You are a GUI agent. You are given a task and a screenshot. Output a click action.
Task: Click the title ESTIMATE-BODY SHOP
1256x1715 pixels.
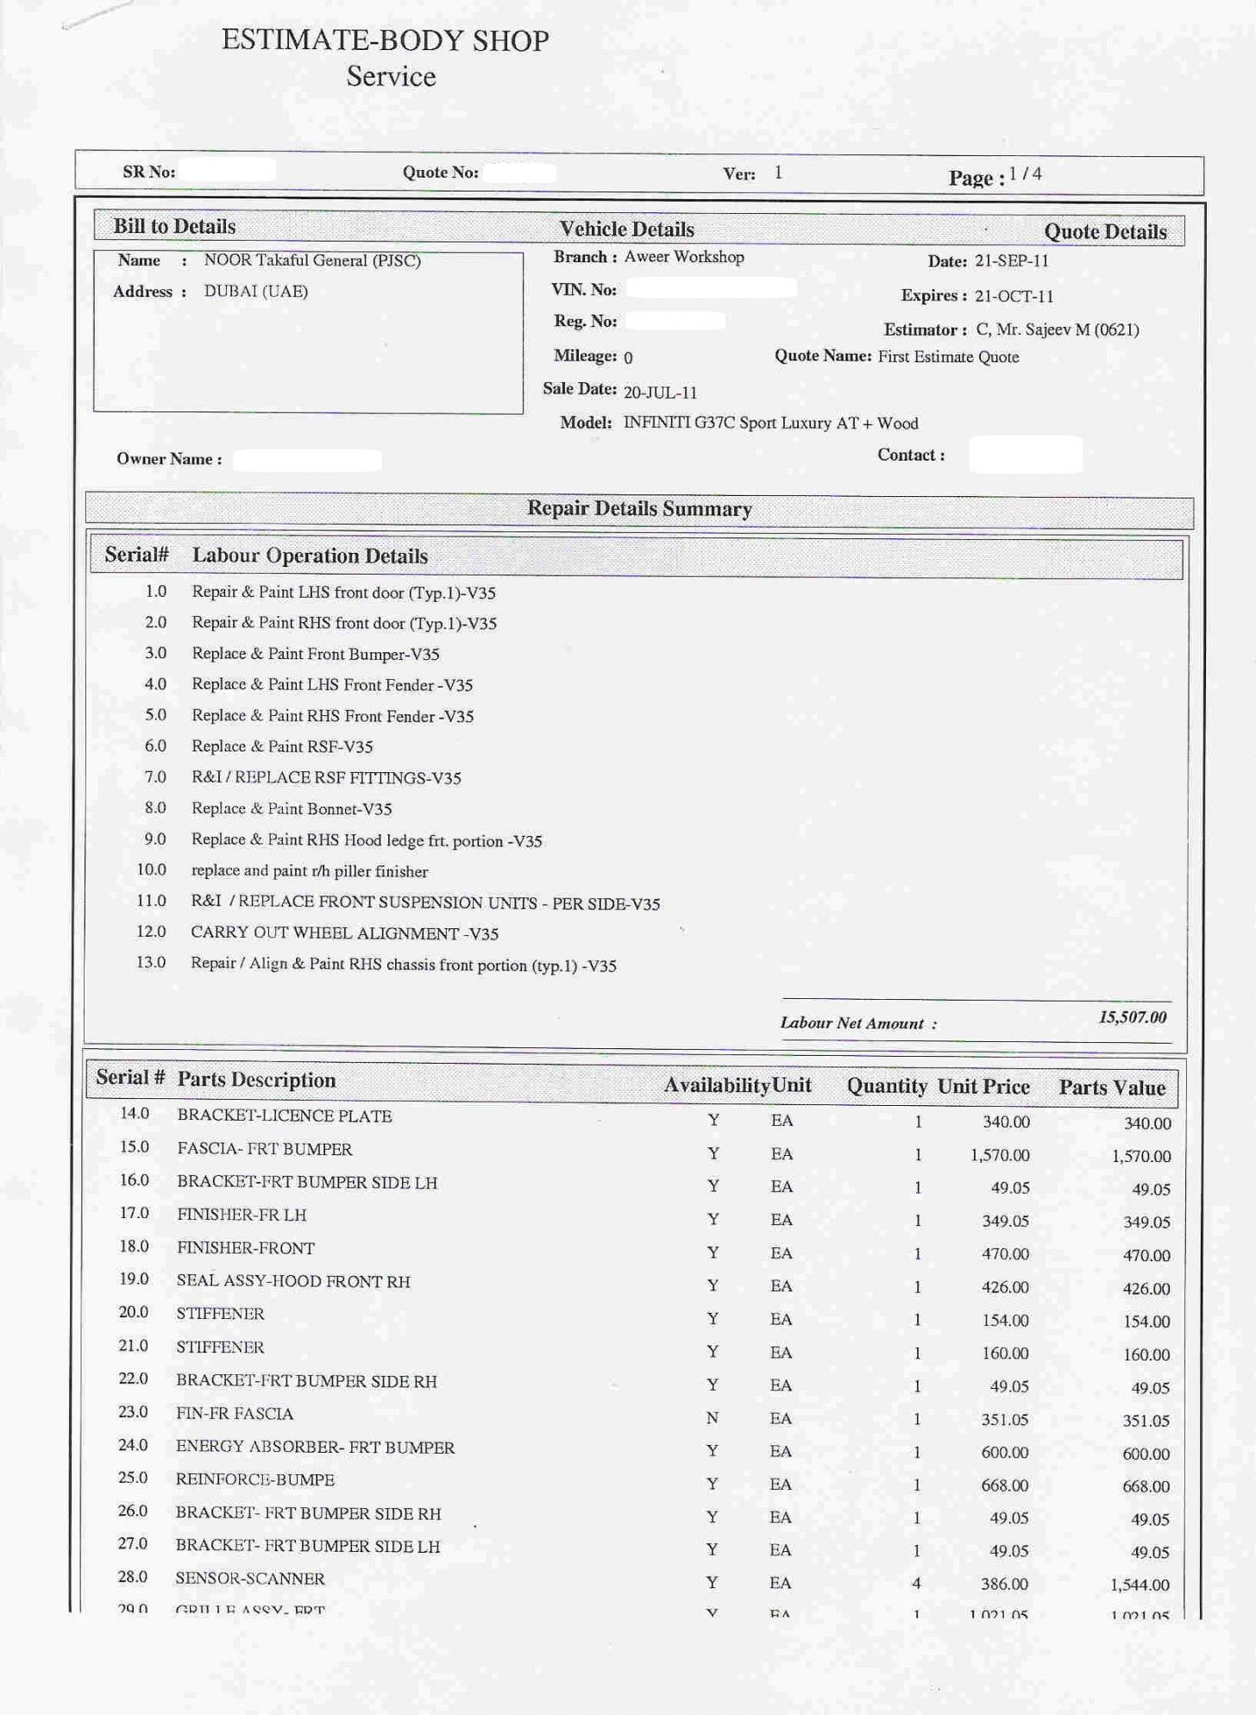tap(385, 41)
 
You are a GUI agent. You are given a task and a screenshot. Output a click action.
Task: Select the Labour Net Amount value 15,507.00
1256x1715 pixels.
tap(1132, 1017)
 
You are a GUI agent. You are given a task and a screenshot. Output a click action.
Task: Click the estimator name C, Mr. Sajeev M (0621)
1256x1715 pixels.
tap(1057, 330)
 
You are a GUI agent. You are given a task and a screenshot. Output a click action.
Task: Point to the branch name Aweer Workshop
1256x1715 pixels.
tap(683, 257)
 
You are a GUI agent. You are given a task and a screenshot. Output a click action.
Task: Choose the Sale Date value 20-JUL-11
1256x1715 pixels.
tap(660, 393)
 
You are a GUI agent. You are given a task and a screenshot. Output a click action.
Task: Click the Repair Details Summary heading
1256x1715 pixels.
tap(639, 509)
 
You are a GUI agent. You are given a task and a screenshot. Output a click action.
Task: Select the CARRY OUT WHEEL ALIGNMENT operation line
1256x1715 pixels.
tap(344, 933)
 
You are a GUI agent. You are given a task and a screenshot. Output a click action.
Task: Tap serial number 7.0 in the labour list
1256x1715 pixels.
tap(155, 777)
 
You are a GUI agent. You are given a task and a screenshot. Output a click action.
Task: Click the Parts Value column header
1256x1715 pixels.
tap(1112, 1088)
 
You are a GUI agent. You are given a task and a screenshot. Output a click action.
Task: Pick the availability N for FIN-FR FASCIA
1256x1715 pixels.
tap(713, 1418)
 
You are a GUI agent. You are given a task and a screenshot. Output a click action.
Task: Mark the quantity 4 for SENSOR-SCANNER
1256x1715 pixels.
tap(917, 1583)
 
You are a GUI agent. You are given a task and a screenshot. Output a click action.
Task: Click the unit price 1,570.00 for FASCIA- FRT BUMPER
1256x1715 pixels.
tap(1000, 1155)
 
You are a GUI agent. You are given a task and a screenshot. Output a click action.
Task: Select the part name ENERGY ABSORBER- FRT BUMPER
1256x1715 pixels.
tap(315, 1448)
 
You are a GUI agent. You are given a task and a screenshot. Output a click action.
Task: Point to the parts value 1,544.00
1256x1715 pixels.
tap(1140, 1585)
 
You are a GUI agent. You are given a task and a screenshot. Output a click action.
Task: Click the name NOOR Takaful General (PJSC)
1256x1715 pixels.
tap(312, 261)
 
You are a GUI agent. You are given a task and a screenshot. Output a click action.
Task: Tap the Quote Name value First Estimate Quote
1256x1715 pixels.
tap(948, 357)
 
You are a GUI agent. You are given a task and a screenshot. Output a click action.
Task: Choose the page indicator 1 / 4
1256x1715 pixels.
tap(1025, 174)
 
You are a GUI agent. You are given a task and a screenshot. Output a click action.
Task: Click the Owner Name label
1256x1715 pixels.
tap(169, 459)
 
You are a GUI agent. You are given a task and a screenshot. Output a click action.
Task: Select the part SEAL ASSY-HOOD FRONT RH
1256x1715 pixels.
tap(293, 1282)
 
